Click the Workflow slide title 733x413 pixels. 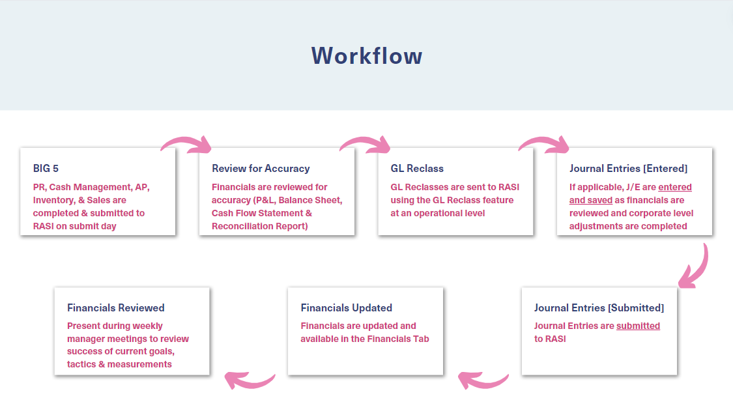(367, 55)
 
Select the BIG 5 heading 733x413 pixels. (46, 168)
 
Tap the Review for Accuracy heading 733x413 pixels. (261, 168)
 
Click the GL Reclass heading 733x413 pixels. (417, 168)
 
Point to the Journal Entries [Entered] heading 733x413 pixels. (628, 168)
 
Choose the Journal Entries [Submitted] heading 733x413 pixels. (599, 308)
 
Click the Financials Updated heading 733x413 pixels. (347, 308)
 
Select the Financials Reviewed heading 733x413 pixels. (115, 308)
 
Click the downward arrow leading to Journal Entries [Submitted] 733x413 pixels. (701, 268)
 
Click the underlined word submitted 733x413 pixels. (638, 326)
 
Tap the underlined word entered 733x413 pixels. (675, 187)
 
